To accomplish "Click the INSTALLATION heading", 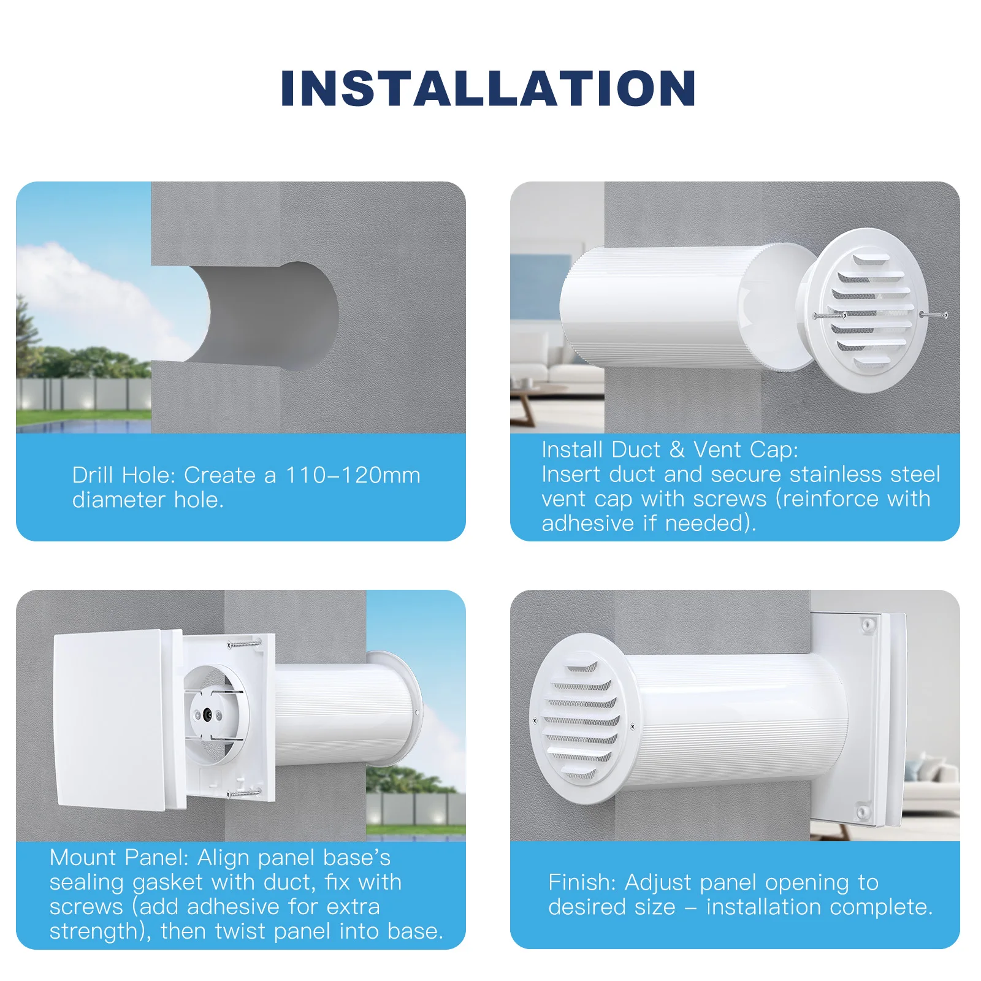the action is coord(488,88).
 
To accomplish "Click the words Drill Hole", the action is coord(124,475).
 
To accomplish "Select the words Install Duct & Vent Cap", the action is coord(670,449).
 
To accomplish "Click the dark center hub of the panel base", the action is coord(207,714).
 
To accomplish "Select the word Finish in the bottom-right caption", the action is coord(582,882).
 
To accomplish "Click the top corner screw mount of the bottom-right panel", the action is coord(868,625).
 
